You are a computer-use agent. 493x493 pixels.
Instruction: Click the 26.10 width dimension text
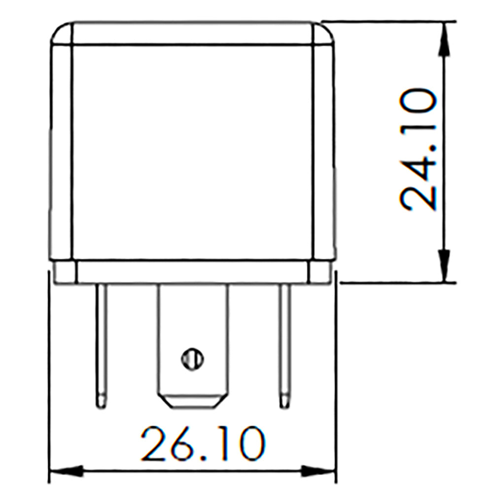coord(202,444)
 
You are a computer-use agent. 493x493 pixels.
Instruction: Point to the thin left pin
coord(101,340)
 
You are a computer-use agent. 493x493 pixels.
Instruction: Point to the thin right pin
coord(284,340)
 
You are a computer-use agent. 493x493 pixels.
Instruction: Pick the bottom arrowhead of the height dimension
coord(445,266)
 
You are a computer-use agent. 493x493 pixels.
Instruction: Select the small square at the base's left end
coord(65,272)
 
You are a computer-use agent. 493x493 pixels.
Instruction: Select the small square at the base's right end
coord(319,272)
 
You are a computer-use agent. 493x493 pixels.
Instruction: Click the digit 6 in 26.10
coord(187,444)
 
